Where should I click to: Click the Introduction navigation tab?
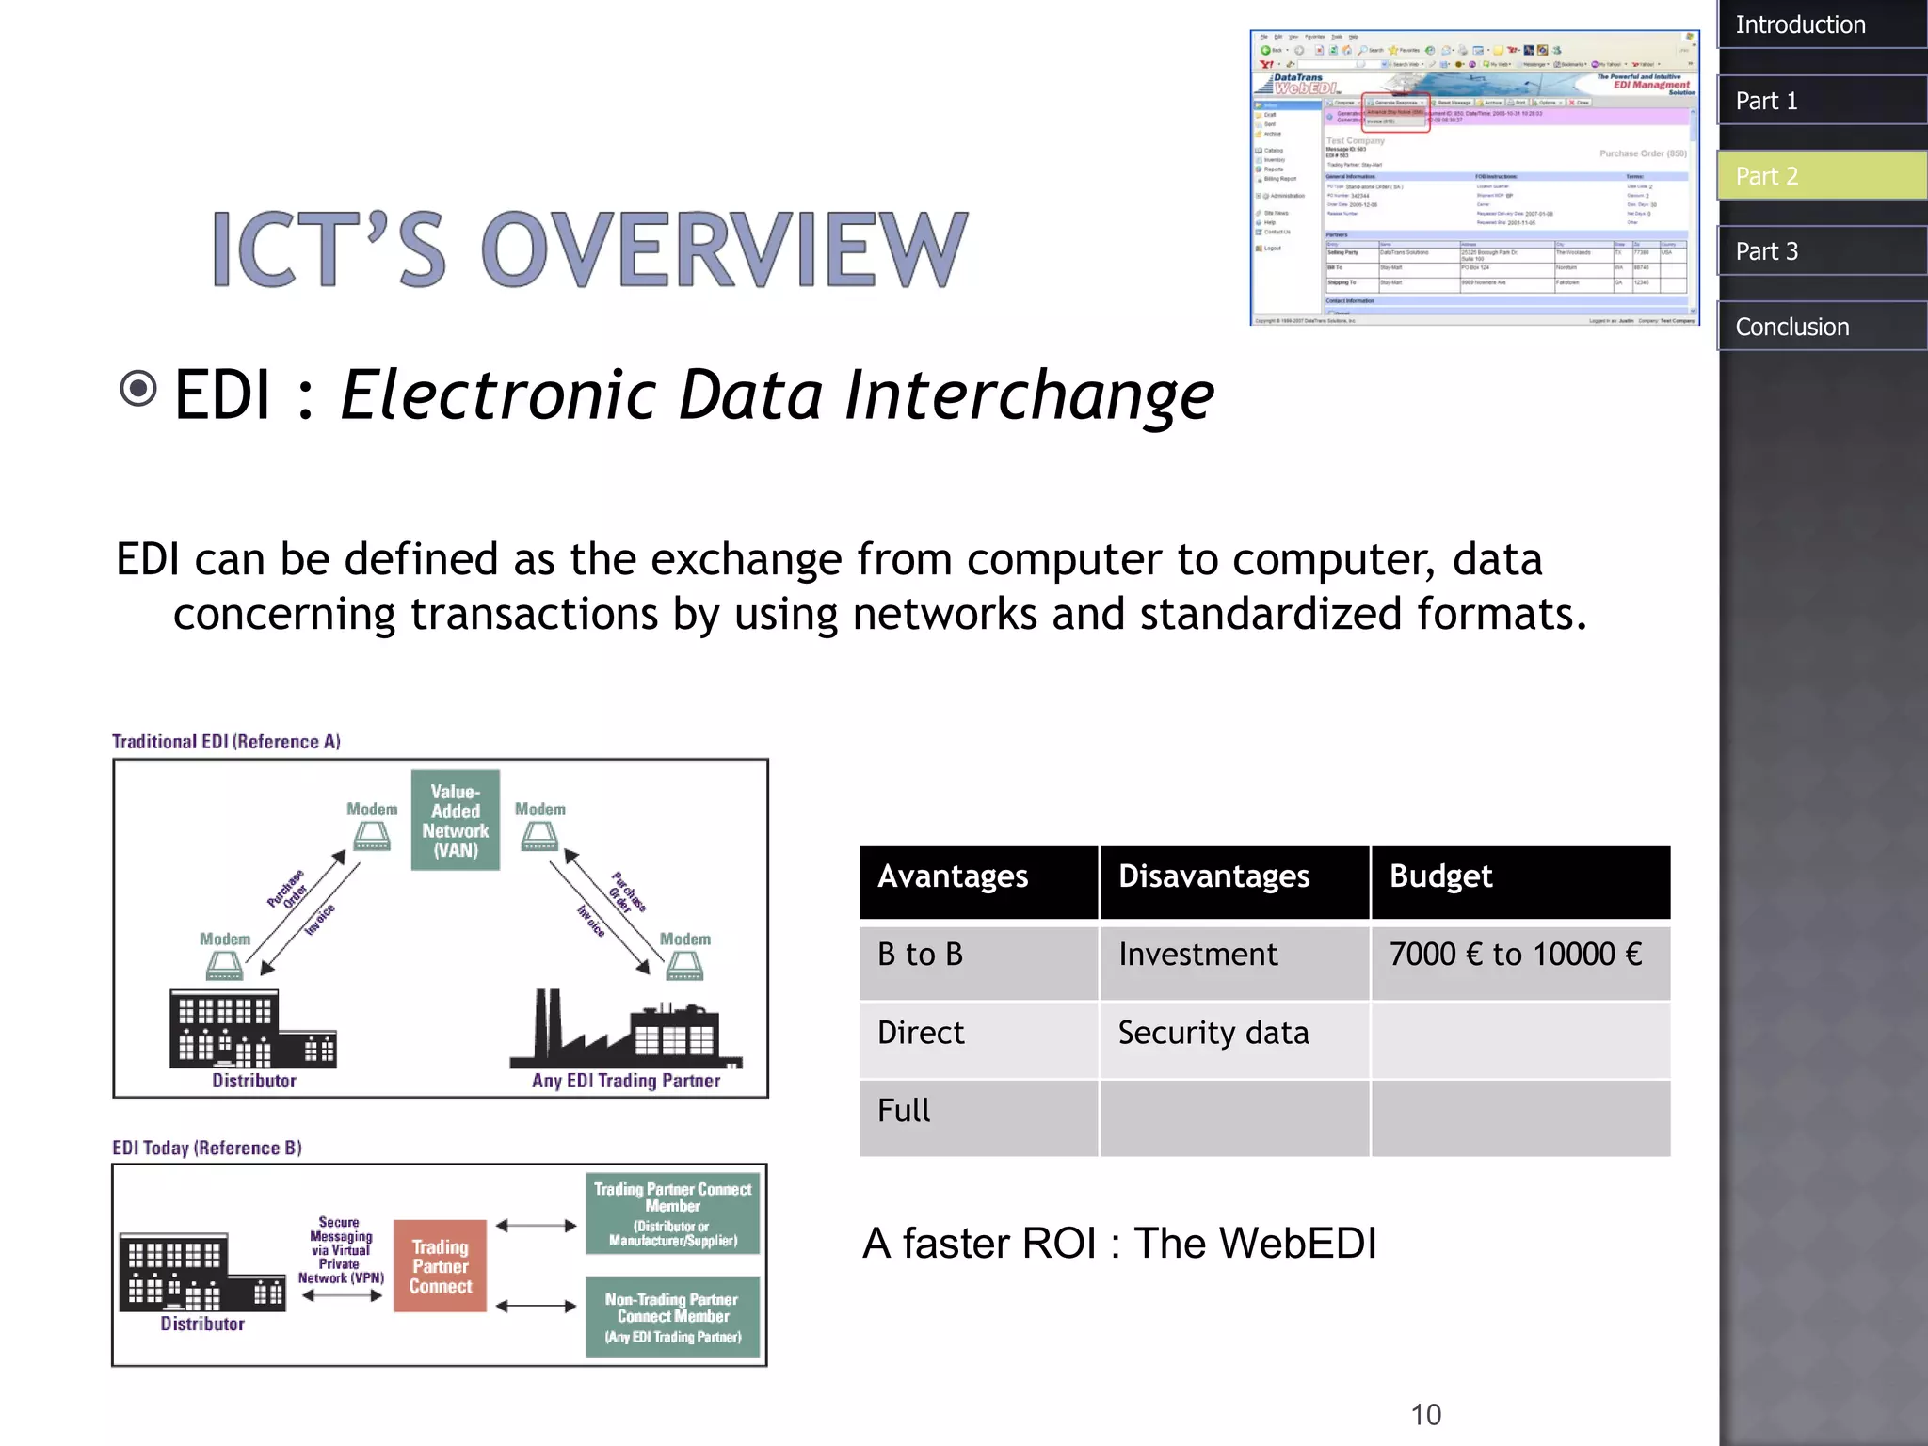1821,24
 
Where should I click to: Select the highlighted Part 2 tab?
1821,176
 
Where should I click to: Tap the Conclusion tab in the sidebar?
1821,327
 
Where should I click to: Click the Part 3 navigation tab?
1821,251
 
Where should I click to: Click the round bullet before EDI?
138,388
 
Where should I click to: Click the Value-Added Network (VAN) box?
456,820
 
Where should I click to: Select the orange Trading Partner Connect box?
440,1265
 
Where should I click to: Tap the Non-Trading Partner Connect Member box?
672,1316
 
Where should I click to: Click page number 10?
1425,1414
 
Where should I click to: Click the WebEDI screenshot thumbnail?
1473,178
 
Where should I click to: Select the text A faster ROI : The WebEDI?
1118,1244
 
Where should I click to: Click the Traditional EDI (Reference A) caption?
226,742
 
